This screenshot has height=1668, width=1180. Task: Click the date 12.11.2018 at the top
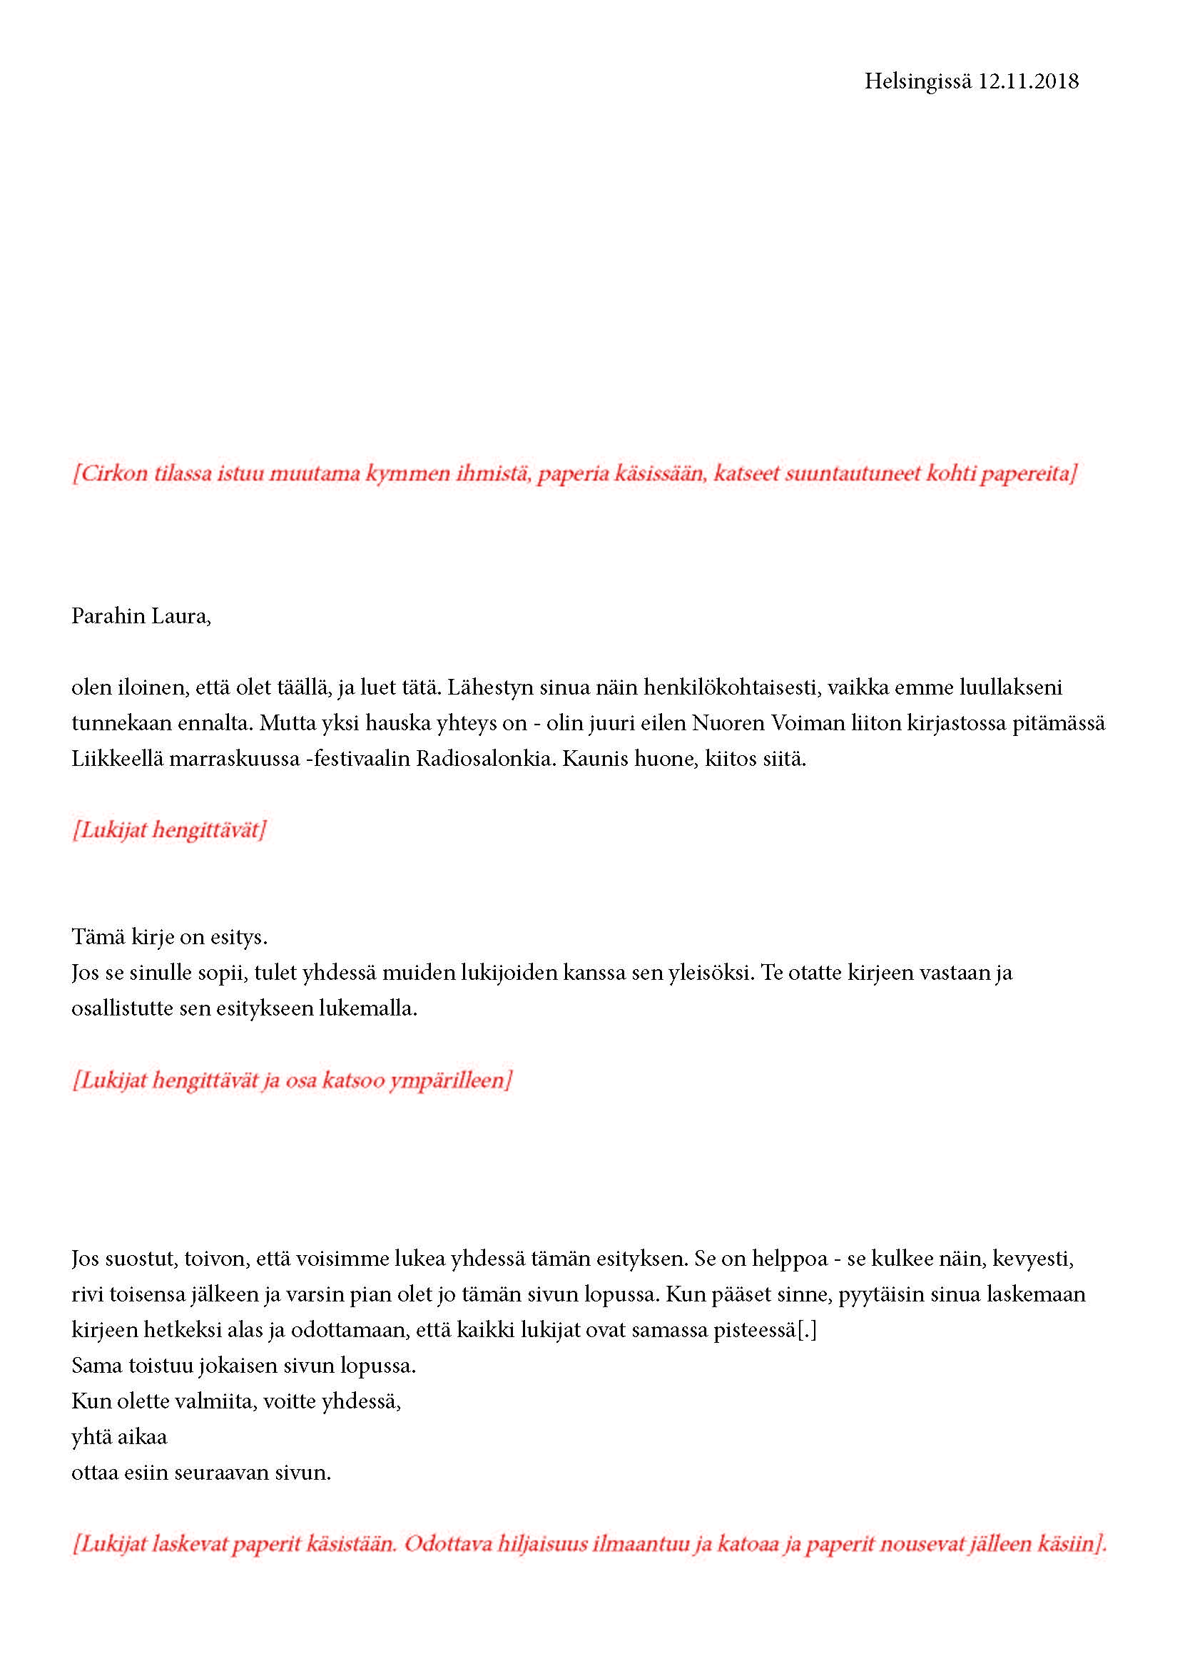pos(1028,81)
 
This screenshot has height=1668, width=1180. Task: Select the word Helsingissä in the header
pos(917,82)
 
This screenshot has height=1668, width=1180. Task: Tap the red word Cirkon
pos(106,474)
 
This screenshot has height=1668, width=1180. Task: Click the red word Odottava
pos(447,1544)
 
